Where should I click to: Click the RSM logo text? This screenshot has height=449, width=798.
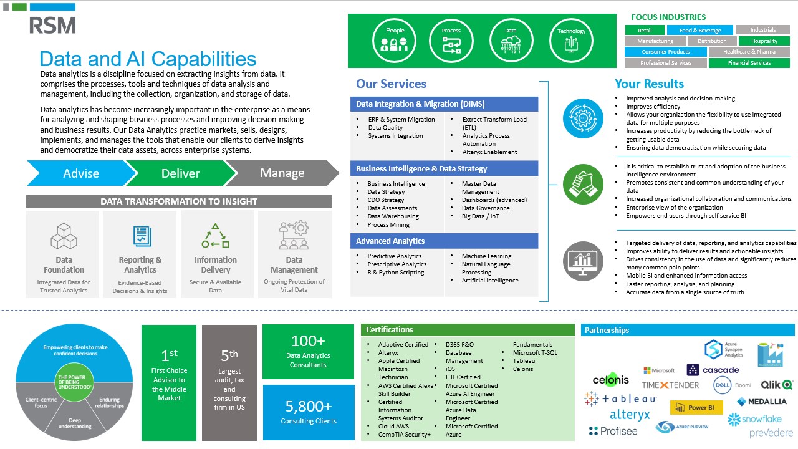point(52,26)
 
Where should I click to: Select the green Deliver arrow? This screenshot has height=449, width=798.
point(180,173)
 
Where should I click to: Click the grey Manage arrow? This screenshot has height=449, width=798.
point(282,173)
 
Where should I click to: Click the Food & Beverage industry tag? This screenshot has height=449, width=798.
point(699,30)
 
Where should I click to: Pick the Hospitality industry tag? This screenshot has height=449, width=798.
point(764,41)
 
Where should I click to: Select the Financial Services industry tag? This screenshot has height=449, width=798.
point(749,63)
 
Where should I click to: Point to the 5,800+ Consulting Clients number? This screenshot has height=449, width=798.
point(309,407)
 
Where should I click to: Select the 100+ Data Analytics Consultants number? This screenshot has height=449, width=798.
point(308,341)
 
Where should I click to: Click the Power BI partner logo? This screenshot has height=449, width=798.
point(696,408)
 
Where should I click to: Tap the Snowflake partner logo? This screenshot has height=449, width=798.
point(754,419)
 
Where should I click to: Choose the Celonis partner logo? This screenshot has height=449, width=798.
point(610,380)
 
